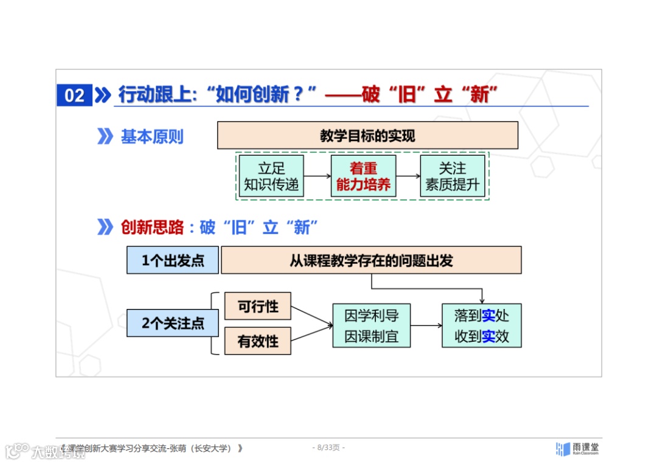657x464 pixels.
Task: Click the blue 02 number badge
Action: (74, 95)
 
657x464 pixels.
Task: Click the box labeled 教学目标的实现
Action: (367, 136)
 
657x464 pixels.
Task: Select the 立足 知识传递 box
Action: (271, 176)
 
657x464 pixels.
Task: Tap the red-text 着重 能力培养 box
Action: (363, 176)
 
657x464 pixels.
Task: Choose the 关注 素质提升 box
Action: (453, 176)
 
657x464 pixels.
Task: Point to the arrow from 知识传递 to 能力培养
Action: (317, 176)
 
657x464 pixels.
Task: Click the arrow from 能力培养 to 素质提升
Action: (408, 176)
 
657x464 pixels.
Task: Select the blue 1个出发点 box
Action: (173, 261)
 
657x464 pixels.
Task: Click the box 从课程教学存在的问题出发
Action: (371, 260)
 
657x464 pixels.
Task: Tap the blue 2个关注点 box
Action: (173, 324)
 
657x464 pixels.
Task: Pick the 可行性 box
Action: (258, 306)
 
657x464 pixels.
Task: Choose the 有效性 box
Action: (258, 341)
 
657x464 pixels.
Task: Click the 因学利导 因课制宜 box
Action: (371, 326)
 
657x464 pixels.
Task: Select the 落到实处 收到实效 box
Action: (481, 326)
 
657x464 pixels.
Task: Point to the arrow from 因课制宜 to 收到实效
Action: (426, 326)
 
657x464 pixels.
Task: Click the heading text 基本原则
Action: (151, 137)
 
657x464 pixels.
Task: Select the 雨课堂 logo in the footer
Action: (577, 449)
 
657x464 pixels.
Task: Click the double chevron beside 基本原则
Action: (105, 137)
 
